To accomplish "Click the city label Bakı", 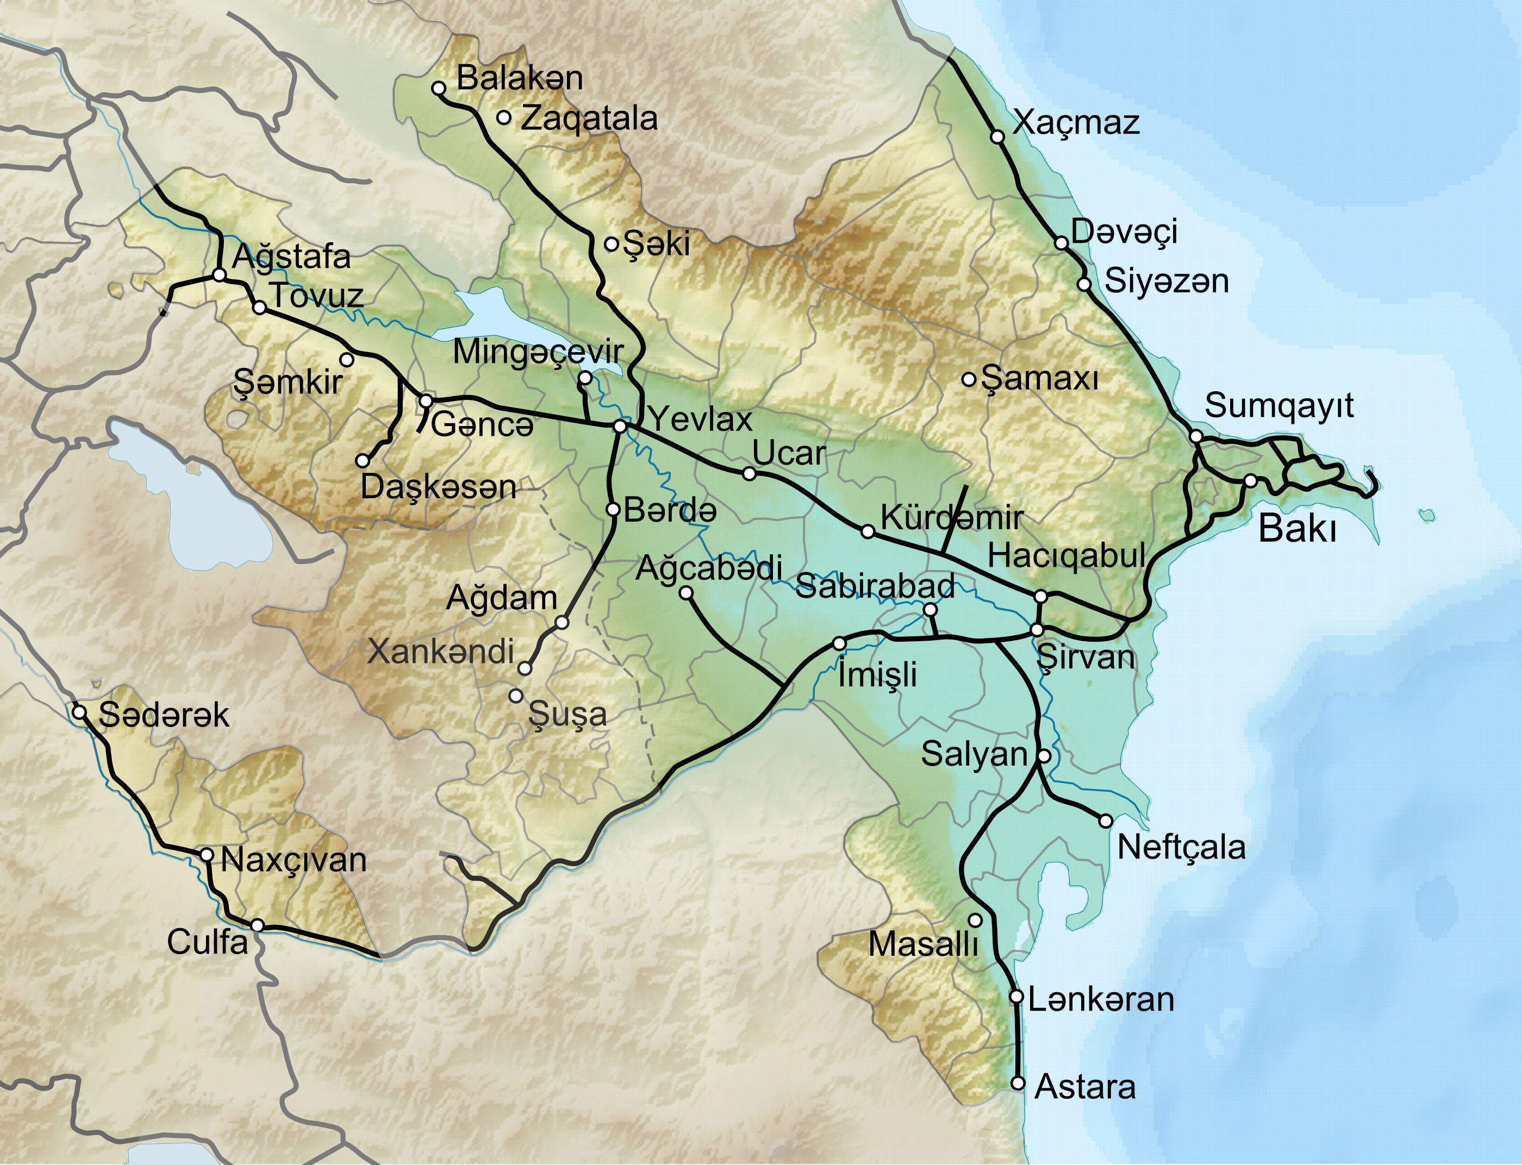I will [1296, 530].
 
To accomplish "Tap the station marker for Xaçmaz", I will [997, 136].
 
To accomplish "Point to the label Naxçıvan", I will [294, 861].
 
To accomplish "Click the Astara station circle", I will [1018, 1082].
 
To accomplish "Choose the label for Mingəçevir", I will [538, 353].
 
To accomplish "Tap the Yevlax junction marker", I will [620, 427].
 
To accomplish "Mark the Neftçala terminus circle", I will [1106, 821].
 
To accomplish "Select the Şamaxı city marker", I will [969, 379].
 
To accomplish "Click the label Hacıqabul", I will [1066, 556].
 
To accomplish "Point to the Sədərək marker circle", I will [79, 712].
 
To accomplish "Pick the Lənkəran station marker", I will [1016, 997].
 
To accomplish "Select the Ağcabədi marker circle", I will [685, 592].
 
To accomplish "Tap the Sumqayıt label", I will [1278, 406].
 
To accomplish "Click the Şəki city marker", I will [611, 244].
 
